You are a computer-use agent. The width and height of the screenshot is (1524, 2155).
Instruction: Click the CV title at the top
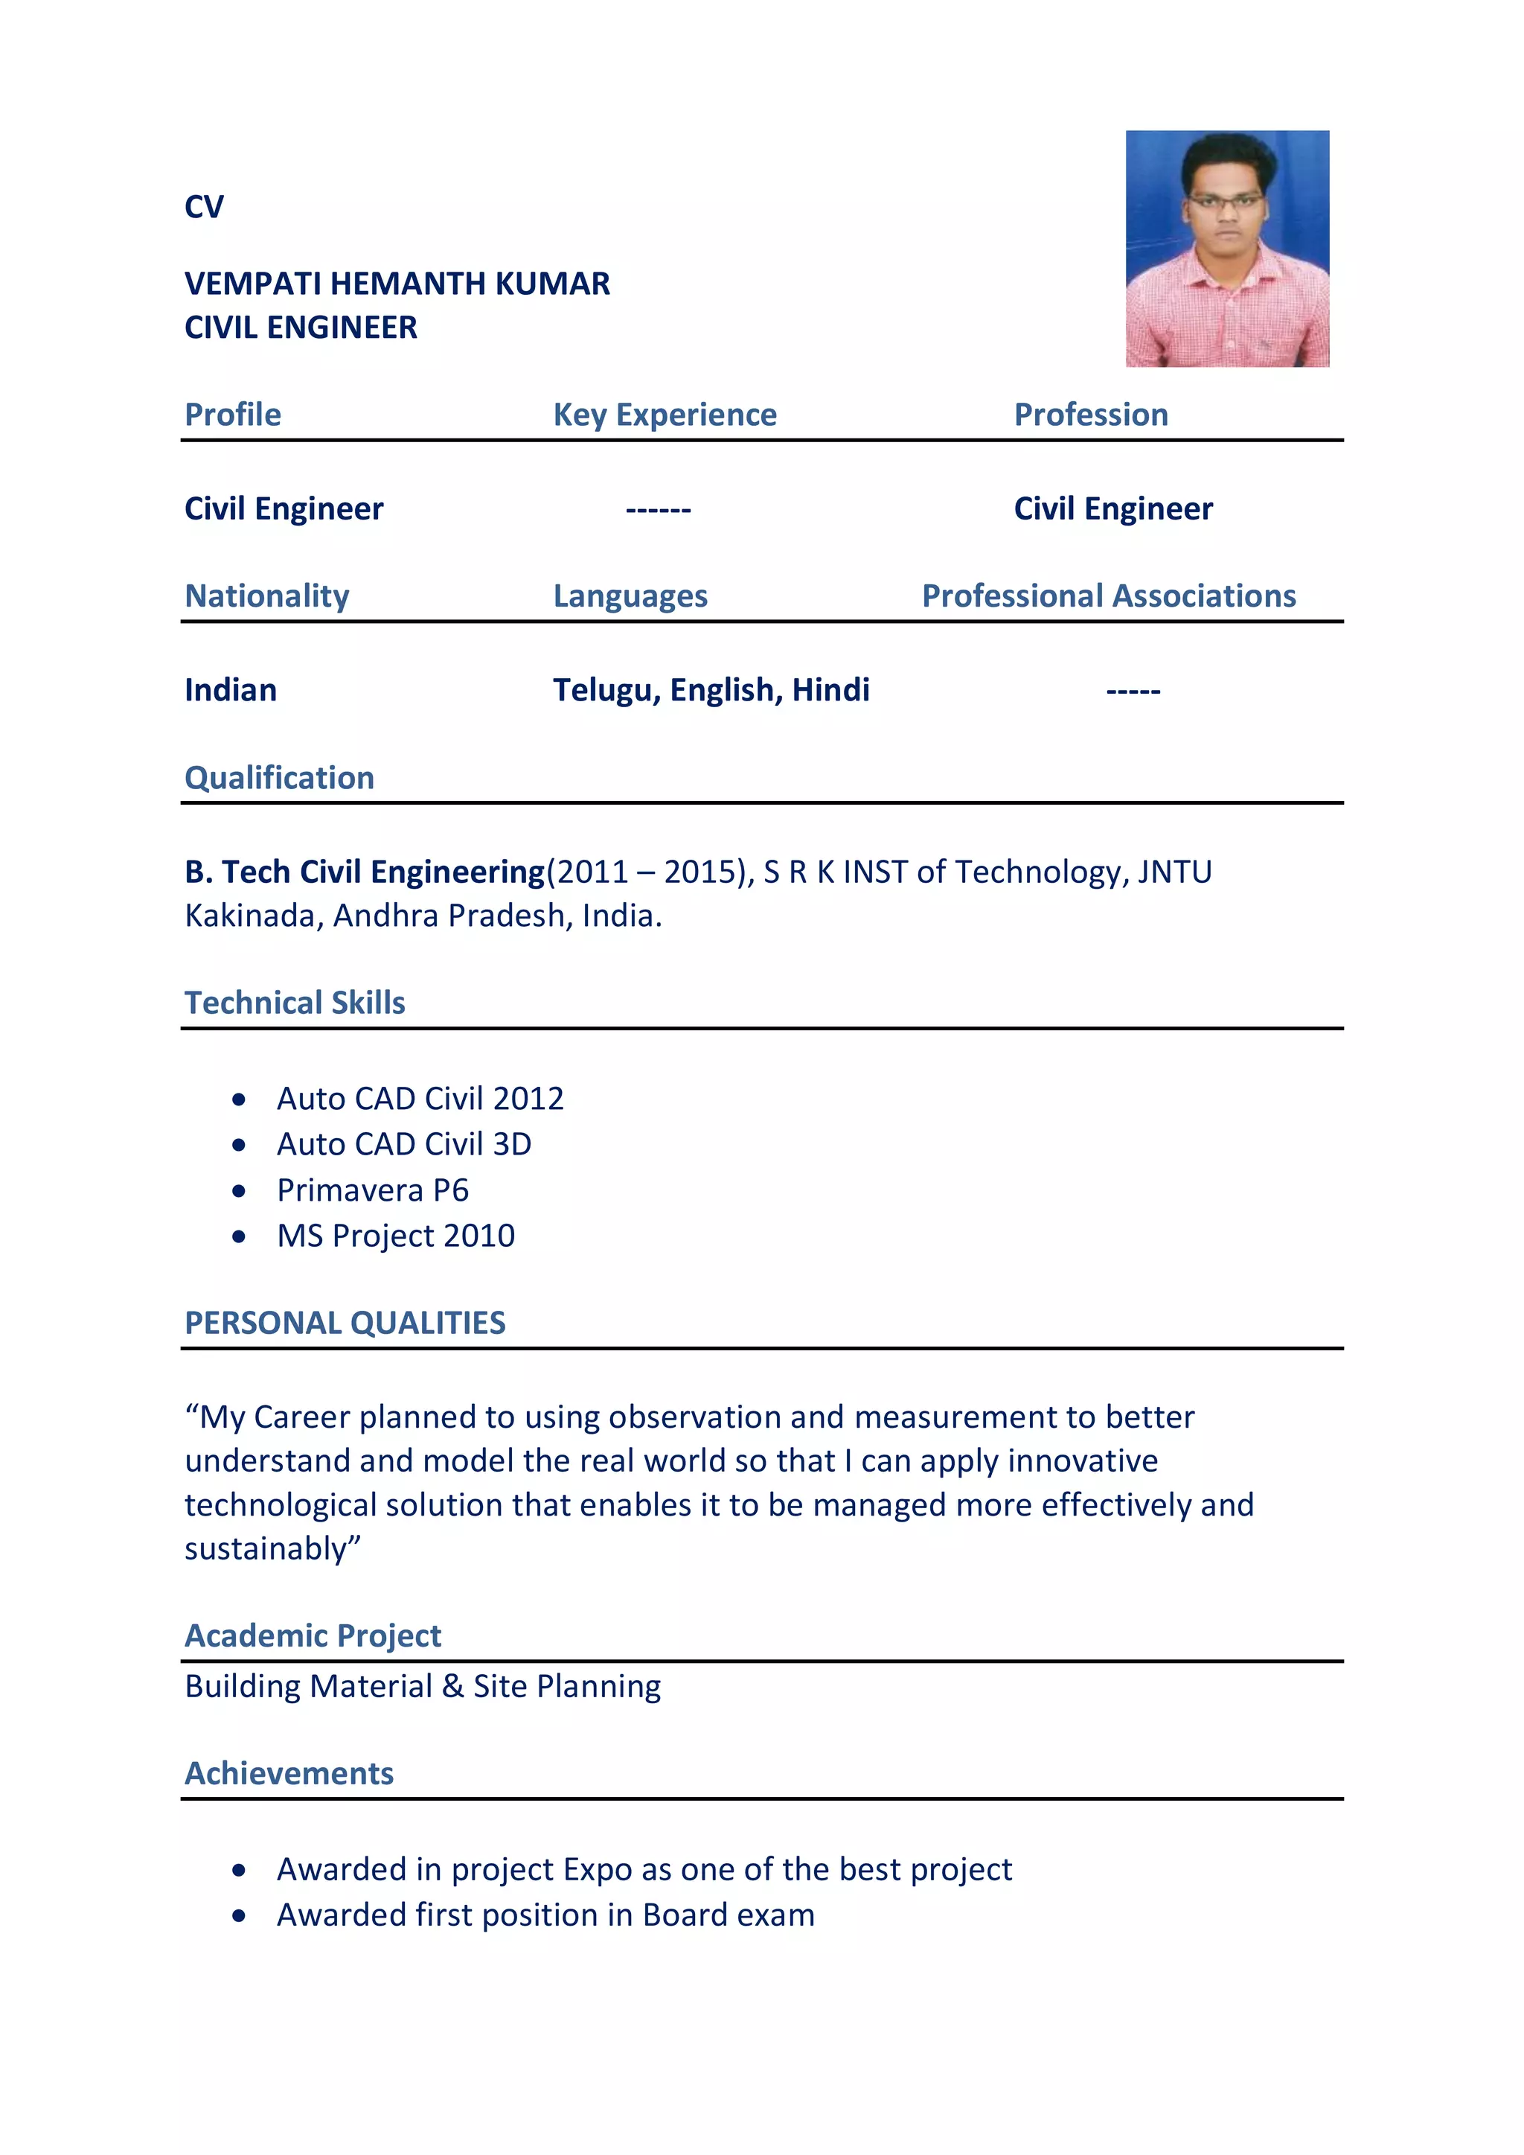[204, 206]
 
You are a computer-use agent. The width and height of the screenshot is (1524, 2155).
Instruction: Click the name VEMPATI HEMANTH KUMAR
[397, 284]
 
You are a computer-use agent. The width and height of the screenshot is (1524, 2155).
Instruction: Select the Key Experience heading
[665, 415]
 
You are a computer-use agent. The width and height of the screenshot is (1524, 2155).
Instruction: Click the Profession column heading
[1090, 415]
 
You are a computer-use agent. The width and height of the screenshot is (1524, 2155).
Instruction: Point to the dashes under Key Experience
[658, 510]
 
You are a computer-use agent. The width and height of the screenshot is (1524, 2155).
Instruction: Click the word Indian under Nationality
[230, 690]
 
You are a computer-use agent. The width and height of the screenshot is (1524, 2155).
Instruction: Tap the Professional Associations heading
[1108, 596]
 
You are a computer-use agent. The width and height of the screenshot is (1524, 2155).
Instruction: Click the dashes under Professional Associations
[1133, 692]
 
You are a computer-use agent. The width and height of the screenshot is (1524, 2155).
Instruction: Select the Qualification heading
[279, 777]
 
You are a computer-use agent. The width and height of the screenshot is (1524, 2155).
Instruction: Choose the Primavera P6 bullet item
[373, 1190]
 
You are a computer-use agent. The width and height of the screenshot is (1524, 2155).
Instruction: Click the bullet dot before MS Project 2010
[240, 1237]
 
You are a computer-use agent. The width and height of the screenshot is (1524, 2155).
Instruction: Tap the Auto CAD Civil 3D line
[403, 1144]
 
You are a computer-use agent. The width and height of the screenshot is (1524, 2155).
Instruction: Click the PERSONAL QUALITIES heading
[345, 1323]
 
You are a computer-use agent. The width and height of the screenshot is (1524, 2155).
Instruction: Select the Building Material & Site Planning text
[422, 1687]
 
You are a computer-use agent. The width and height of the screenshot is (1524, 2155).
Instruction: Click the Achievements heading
[289, 1773]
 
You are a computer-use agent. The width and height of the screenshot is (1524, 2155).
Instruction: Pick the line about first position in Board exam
[545, 1915]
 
